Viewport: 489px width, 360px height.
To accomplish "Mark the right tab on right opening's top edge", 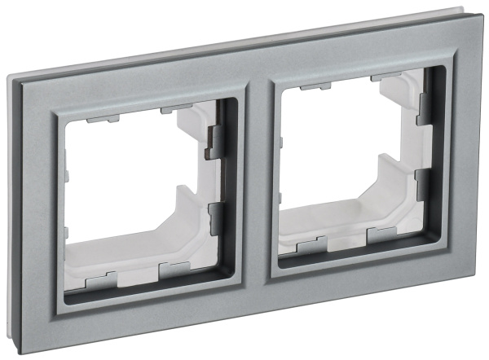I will point(383,78).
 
